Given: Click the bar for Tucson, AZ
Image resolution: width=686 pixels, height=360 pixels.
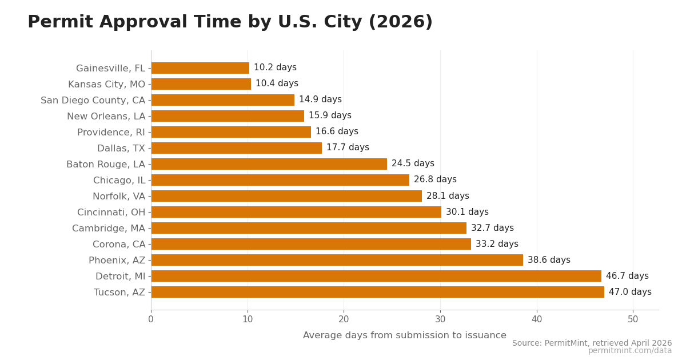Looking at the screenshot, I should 377,292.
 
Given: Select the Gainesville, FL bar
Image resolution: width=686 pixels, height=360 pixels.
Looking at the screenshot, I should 200,68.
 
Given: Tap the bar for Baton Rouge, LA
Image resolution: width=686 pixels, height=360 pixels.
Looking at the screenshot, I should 269,164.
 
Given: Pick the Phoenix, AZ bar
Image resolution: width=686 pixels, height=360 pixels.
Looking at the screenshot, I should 337,260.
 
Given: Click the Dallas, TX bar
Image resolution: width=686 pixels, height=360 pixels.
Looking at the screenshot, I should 236,148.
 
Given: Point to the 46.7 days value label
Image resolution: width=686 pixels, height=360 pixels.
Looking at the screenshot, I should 627,276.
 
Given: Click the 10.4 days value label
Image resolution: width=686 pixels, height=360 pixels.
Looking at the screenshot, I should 277,84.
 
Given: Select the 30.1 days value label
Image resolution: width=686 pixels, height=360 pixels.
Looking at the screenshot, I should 467,212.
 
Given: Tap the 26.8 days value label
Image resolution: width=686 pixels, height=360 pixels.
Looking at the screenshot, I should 435,180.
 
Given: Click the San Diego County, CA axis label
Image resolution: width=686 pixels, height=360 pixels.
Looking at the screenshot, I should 93,101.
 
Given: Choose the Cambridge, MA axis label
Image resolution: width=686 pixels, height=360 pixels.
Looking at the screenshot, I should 109,229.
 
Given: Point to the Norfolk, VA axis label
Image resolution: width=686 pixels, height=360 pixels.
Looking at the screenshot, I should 119,197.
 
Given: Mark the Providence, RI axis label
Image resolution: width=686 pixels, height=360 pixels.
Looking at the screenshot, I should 111,133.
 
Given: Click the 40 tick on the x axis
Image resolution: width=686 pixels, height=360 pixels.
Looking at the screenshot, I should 537,319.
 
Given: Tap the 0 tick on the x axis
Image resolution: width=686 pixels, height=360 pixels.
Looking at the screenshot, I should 151,319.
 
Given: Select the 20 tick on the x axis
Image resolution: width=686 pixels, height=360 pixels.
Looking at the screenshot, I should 344,319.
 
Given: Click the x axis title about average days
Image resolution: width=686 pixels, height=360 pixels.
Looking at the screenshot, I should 405,335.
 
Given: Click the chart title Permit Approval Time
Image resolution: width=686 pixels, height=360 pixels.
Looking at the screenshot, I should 230,22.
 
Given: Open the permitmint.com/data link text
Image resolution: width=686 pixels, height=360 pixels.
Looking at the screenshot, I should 629,351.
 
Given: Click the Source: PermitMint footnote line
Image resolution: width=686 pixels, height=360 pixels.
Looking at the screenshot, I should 592,343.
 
